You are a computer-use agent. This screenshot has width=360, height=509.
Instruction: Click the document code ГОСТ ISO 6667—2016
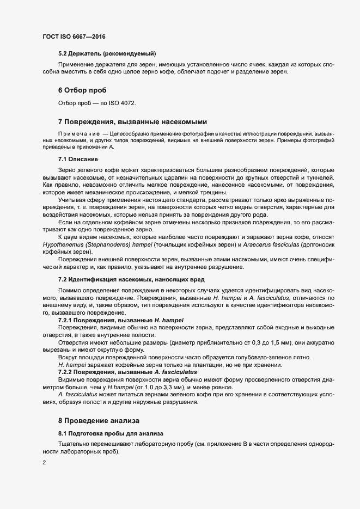[x=74, y=36]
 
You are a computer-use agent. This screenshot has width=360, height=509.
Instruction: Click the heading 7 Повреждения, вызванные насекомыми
[x=132, y=121]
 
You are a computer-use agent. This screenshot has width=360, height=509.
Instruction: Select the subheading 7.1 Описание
[x=77, y=160]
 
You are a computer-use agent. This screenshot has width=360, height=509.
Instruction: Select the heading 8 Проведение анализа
[x=99, y=421]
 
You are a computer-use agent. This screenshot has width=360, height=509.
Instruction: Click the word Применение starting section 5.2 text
[x=76, y=65]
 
